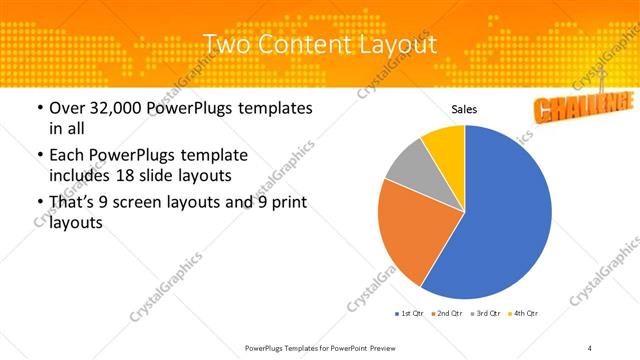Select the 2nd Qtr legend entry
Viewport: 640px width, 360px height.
point(447,313)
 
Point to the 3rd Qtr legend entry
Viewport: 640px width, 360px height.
point(486,313)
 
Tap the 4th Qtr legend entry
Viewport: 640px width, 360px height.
point(524,313)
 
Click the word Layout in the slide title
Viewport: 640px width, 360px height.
point(391,45)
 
